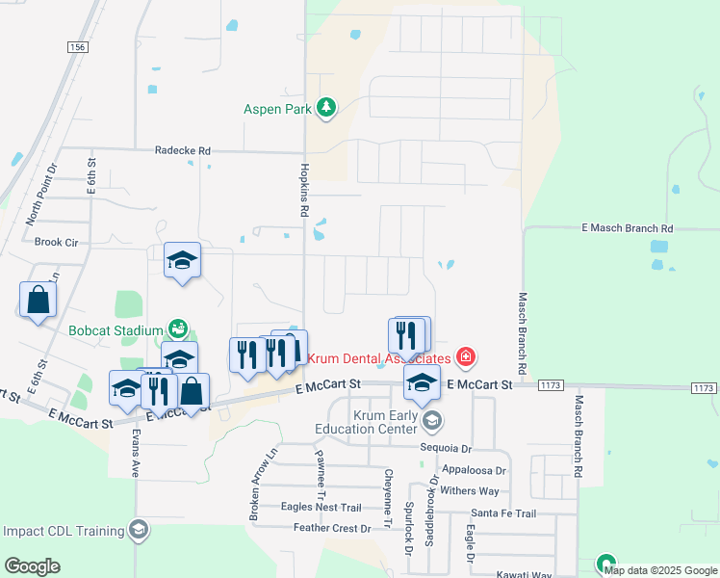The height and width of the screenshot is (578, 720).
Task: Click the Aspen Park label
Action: point(277,109)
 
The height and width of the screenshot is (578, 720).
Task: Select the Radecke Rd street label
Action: point(182,151)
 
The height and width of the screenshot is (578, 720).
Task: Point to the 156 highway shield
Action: point(78,46)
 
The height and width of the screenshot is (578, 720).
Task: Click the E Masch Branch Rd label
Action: point(628,228)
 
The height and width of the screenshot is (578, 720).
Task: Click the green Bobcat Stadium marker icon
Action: point(176,328)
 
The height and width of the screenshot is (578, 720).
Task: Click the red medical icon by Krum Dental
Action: point(466,357)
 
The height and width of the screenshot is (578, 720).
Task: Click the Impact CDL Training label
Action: point(64,531)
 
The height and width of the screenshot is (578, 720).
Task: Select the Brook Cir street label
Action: point(56,243)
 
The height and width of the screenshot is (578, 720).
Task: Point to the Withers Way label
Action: point(469,490)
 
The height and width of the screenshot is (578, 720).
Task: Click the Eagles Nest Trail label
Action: point(321,507)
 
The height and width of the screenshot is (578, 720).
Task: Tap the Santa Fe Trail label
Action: point(503,513)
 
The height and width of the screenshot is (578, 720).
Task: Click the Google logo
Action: point(32,566)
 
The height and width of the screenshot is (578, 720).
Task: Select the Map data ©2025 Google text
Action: point(659,570)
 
